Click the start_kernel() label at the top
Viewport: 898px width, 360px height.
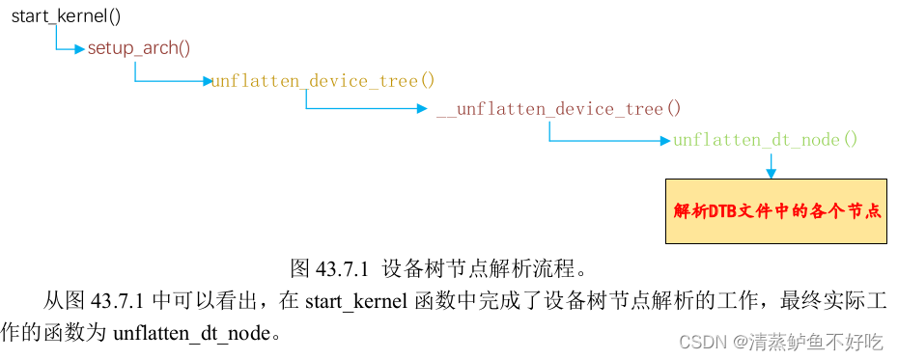[x=67, y=17]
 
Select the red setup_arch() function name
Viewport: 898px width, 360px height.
[x=139, y=48]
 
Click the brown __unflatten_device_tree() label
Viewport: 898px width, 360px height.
[x=558, y=109]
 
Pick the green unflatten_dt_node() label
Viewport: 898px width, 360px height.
[x=765, y=140]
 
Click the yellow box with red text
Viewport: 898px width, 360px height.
[x=775, y=210]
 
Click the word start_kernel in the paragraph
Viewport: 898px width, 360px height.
[x=351, y=301]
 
